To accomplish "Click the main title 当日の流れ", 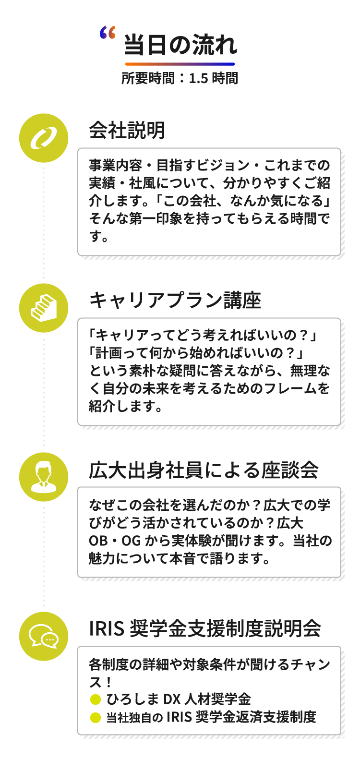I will click(x=180, y=45).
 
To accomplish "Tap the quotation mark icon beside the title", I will click(x=108, y=33).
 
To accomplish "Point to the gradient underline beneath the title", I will click(x=180, y=64).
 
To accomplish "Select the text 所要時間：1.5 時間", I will click(x=180, y=78).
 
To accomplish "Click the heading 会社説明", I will click(x=127, y=130).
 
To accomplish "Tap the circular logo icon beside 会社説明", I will click(x=44, y=138).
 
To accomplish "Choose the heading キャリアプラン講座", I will click(x=175, y=300).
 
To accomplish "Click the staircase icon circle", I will click(x=44, y=308).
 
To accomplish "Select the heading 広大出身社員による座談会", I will click(x=204, y=470).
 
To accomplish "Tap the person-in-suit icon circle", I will click(x=44, y=477).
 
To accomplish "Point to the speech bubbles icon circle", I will click(x=44, y=636).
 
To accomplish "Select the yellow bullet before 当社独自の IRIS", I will click(x=96, y=718).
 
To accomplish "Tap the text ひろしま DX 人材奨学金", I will click(x=179, y=699).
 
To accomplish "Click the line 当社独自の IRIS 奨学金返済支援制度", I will click(x=211, y=717).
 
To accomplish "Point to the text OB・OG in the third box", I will click(x=115, y=541).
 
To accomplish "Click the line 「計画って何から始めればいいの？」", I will click(x=197, y=353).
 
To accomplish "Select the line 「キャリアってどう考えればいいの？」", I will click(x=204, y=335).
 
